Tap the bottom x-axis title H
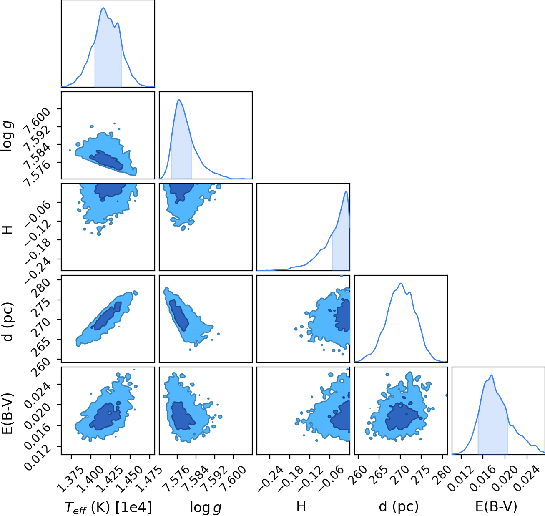pos(301,507)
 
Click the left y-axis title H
pos(8,229)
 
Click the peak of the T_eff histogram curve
pos(103,8)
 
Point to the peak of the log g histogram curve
pos(179,100)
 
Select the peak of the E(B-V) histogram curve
pos(492,375)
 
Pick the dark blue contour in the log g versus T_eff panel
pos(106,160)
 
